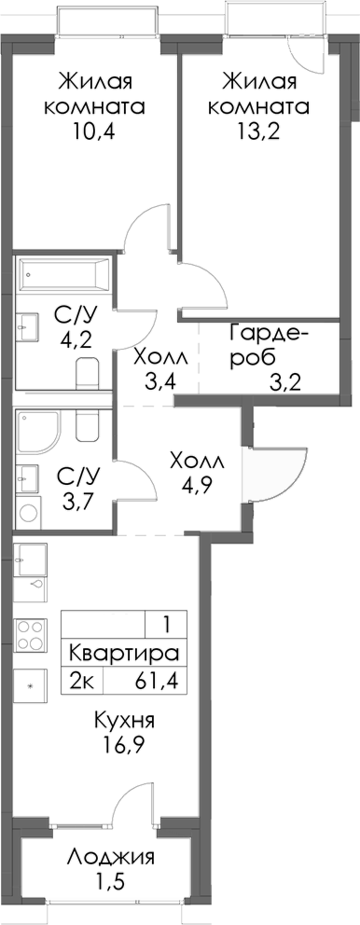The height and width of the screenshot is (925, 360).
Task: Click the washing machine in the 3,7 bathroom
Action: (29, 510)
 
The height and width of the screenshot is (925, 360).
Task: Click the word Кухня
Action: (124, 722)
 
